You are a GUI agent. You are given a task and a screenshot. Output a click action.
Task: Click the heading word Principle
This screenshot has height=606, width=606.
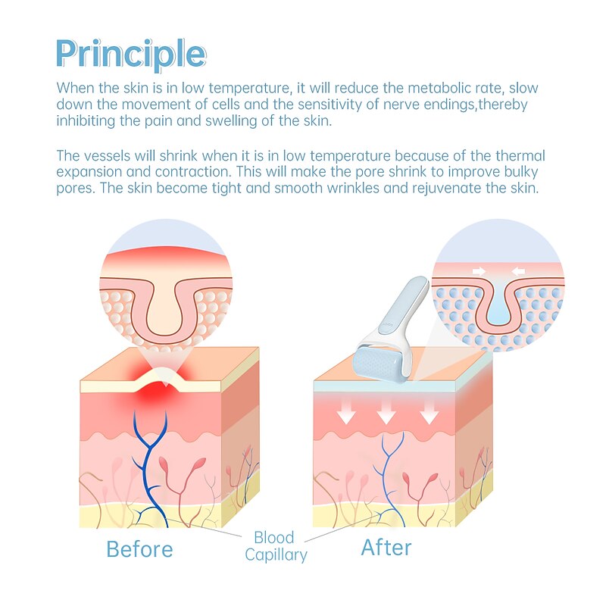pos(130,53)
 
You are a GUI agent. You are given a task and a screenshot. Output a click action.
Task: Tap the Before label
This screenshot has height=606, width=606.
pos(139,548)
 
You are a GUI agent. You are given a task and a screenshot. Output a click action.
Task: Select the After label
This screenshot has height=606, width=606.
pos(386,547)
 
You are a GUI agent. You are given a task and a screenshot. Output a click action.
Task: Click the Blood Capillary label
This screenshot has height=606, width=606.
pos(275,546)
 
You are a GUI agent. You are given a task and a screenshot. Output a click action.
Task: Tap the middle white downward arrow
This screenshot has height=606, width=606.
pos(387,412)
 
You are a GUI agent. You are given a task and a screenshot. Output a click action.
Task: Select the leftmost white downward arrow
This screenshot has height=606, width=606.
pos(346,412)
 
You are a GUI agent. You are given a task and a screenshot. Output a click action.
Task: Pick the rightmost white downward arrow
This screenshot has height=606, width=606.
pos(430,412)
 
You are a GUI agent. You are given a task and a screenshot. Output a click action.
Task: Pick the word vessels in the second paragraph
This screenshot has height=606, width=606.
pos(107,155)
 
